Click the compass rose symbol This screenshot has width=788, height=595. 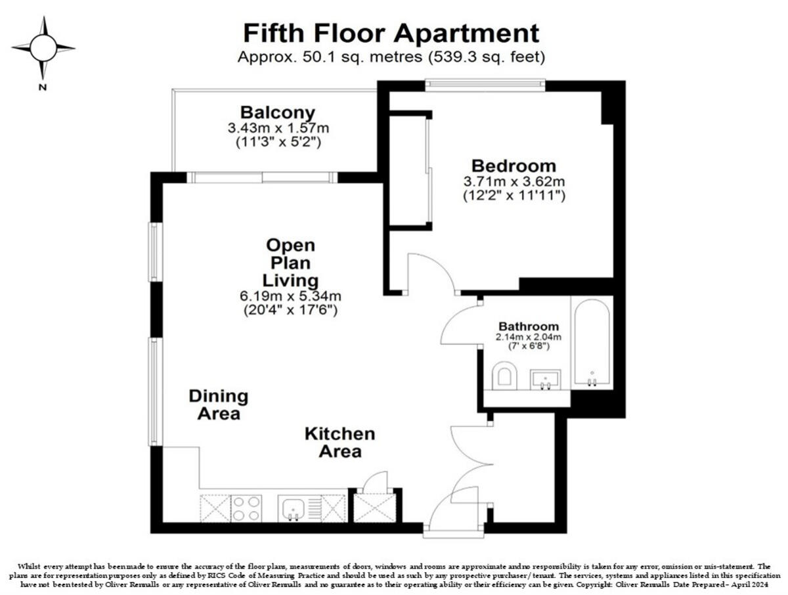pos(43,47)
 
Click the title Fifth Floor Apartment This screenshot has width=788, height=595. pos(391,32)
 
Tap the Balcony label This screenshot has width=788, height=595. pos(277,112)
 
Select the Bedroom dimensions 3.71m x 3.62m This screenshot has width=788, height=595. pos(514,181)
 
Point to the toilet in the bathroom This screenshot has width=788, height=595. pos(504,376)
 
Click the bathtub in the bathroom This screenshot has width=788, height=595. pos(592,343)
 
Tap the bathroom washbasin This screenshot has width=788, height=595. pos(545,379)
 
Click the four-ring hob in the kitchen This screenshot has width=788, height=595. pos(246,508)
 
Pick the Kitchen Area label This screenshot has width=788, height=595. pos(339,443)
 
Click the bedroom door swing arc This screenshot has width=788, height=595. pos(430,269)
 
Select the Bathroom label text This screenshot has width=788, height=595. pos(529,326)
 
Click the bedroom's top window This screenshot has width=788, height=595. pos(485,83)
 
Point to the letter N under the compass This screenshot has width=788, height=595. pos(43,87)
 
